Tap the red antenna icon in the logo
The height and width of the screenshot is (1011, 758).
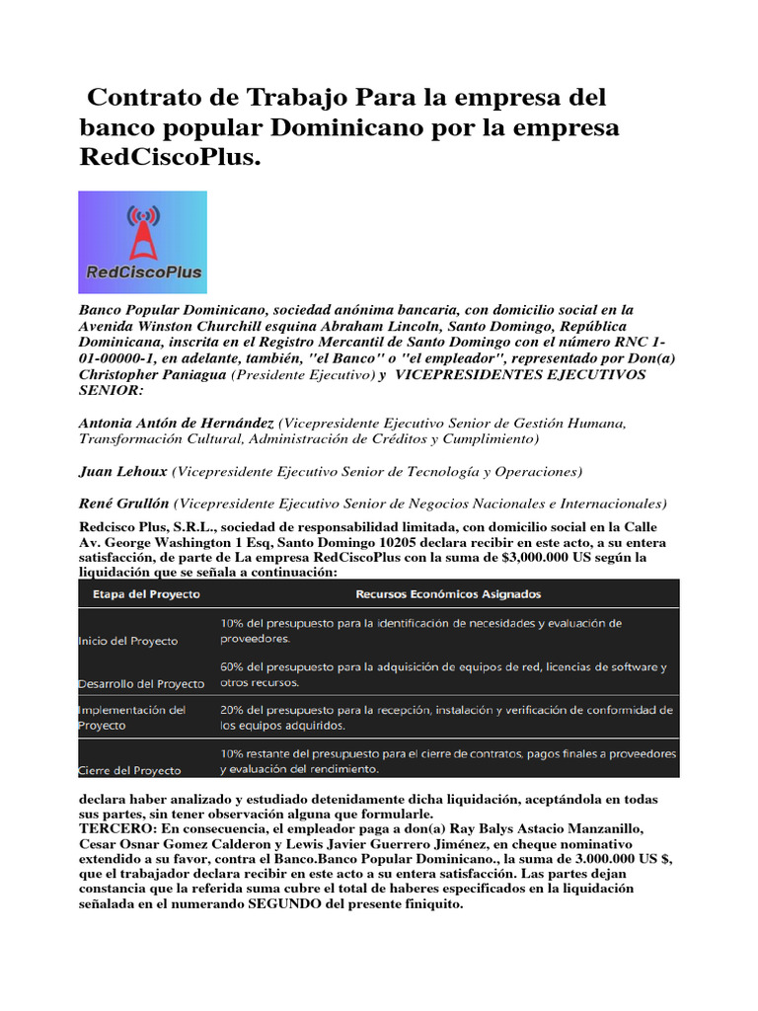142,232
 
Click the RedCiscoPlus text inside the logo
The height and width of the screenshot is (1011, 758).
142,272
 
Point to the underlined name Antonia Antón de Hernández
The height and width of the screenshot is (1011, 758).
177,423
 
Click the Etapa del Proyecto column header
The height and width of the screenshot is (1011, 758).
146,593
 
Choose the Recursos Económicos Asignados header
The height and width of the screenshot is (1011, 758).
448,593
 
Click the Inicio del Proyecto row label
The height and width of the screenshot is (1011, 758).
128,641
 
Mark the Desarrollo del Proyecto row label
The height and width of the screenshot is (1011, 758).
141,683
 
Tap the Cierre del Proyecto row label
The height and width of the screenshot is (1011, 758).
128,769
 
